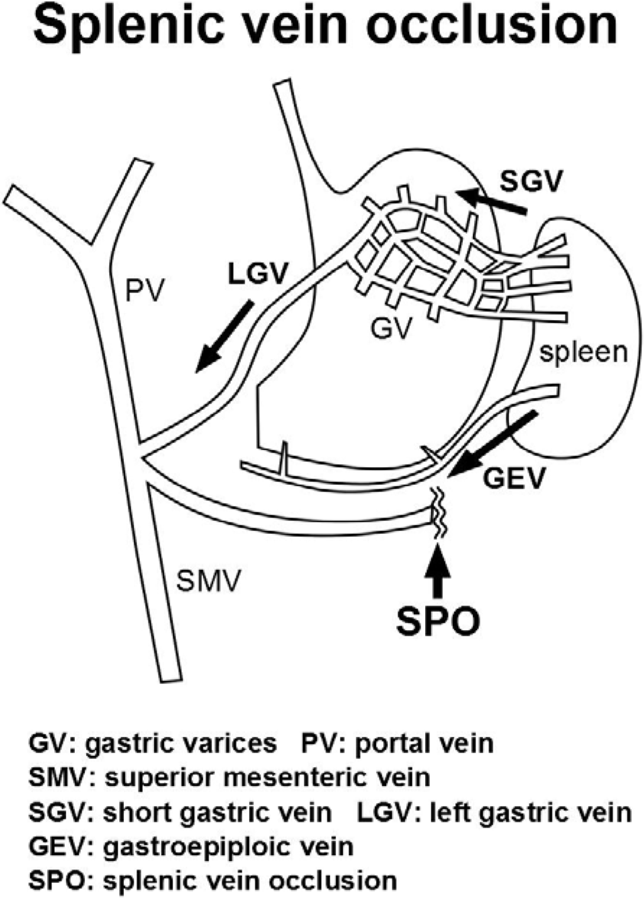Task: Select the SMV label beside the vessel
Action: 208,581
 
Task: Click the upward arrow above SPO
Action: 438,570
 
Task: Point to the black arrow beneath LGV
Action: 224,338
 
